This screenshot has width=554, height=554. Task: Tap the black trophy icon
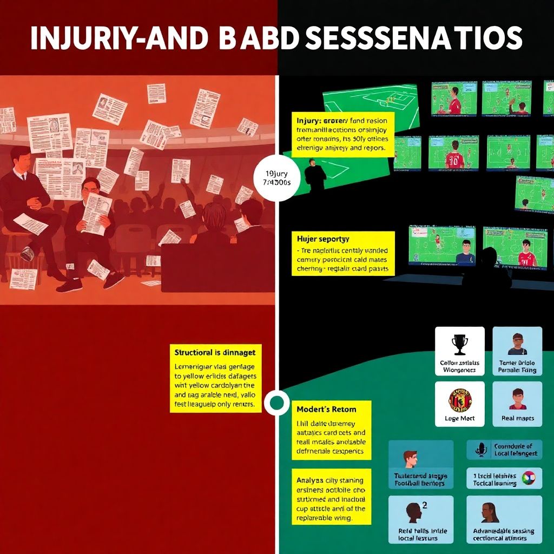(459, 344)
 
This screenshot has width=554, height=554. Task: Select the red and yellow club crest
(459, 400)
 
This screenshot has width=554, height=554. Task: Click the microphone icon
(481, 450)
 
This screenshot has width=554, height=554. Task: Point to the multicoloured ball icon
(529, 477)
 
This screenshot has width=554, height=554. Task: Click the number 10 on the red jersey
(454, 160)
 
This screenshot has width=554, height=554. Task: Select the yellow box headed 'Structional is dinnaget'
(216, 378)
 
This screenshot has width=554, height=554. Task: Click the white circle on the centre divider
(276, 179)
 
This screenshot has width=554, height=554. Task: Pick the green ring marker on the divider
(276, 402)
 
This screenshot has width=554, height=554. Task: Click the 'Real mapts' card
(517, 404)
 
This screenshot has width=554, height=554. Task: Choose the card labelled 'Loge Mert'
(459, 404)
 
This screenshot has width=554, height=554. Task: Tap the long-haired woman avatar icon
(490, 512)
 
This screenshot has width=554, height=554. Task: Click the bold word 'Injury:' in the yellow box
(309, 121)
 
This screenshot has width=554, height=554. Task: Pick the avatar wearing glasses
(517, 344)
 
